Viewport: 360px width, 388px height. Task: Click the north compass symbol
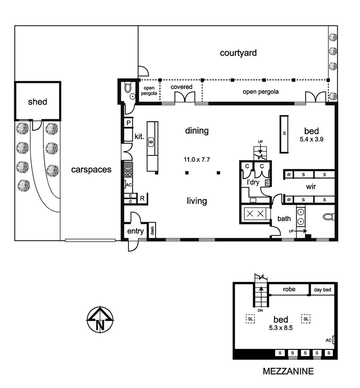(100, 319)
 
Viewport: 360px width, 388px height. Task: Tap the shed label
(37, 102)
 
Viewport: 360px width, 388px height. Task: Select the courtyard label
(238, 53)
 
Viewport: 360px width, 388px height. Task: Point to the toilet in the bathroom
(328, 217)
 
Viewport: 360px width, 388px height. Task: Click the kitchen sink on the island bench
(151, 142)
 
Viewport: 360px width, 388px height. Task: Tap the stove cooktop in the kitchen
(128, 170)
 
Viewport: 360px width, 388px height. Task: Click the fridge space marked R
(142, 198)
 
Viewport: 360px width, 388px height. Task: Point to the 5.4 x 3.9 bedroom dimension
(311, 140)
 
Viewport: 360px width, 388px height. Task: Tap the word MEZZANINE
(288, 371)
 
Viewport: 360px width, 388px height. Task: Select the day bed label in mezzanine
(322, 290)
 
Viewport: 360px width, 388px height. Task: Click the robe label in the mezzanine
(289, 289)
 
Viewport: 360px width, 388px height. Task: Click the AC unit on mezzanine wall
(333, 340)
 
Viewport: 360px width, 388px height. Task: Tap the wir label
(311, 187)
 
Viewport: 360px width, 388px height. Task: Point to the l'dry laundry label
(253, 182)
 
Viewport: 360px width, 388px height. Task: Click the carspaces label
(91, 170)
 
